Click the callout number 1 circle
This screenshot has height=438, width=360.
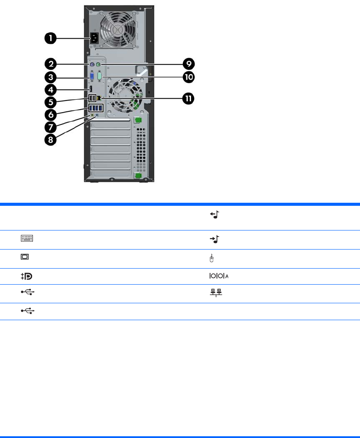click(x=51, y=38)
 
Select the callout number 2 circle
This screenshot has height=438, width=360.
click(x=51, y=64)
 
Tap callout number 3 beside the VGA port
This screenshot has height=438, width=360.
click(x=51, y=78)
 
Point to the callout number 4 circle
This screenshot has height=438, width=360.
click(x=51, y=90)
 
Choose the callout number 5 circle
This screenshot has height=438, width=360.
click(x=51, y=103)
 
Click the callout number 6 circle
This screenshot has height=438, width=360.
click(x=51, y=115)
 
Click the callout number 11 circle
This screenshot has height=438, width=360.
click(x=188, y=99)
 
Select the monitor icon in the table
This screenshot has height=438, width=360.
click(x=25, y=257)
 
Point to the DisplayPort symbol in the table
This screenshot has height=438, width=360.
click(x=26, y=276)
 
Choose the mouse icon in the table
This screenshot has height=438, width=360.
click(x=211, y=259)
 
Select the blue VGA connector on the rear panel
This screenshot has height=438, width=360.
click(x=92, y=78)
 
